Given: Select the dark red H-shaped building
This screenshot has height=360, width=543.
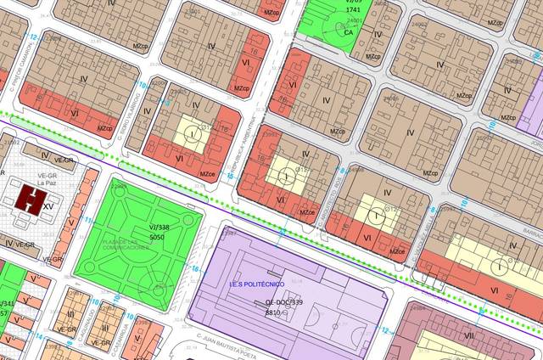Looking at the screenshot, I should click(x=31, y=200).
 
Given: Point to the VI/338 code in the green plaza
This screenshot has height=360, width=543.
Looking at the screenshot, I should click(x=159, y=228).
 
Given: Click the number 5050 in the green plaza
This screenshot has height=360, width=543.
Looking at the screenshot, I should click(x=156, y=239).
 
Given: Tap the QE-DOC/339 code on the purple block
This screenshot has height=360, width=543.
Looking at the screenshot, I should click(x=283, y=302).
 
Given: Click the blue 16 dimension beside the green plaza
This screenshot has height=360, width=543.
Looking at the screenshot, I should click(x=194, y=270).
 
